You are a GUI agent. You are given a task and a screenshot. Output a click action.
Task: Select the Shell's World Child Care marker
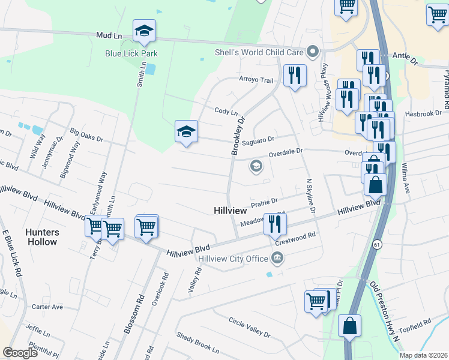[x=312, y=52]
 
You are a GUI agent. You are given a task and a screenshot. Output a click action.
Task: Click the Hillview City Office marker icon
[x=277, y=259]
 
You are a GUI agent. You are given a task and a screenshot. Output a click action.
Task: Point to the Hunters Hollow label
[x=42, y=237]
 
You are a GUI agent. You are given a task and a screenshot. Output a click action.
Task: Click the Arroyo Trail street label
[x=256, y=80]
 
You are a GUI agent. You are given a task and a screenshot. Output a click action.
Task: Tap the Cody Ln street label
[x=226, y=112]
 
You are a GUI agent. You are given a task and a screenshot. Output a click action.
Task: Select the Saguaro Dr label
[x=259, y=141]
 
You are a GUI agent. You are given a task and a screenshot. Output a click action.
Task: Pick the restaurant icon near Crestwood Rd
[x=275, y=224]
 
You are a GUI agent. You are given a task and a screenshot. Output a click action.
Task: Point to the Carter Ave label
[x=47, y=307]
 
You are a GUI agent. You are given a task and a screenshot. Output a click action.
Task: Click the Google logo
[x=20, y=353]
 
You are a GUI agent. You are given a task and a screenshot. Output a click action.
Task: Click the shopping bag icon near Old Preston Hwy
[x=349, y=326]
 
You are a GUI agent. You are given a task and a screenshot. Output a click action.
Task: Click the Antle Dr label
[x=405, y=56]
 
